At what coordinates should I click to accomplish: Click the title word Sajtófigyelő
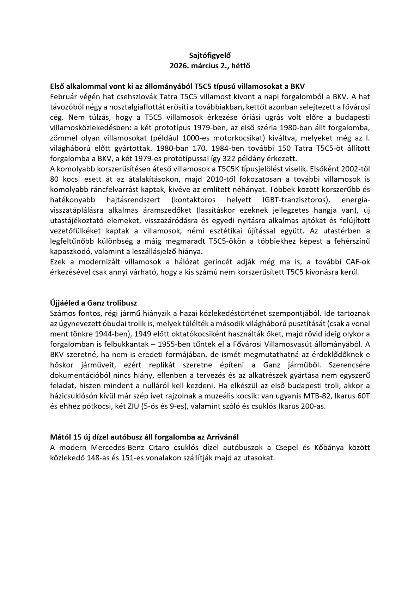[x=210, y=55]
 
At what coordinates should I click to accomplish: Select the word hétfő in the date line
[x=241, y=65]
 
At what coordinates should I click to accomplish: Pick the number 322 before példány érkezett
[x=212, y=158]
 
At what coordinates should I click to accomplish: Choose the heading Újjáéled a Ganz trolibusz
[x=93, y=303]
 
